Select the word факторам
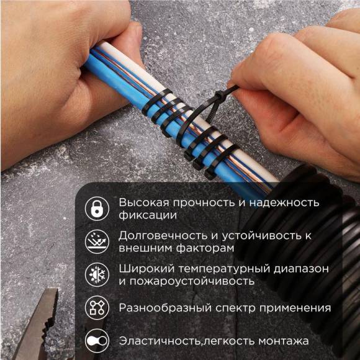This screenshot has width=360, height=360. tap(205, 248)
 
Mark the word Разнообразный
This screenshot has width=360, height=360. tap(162, 308)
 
